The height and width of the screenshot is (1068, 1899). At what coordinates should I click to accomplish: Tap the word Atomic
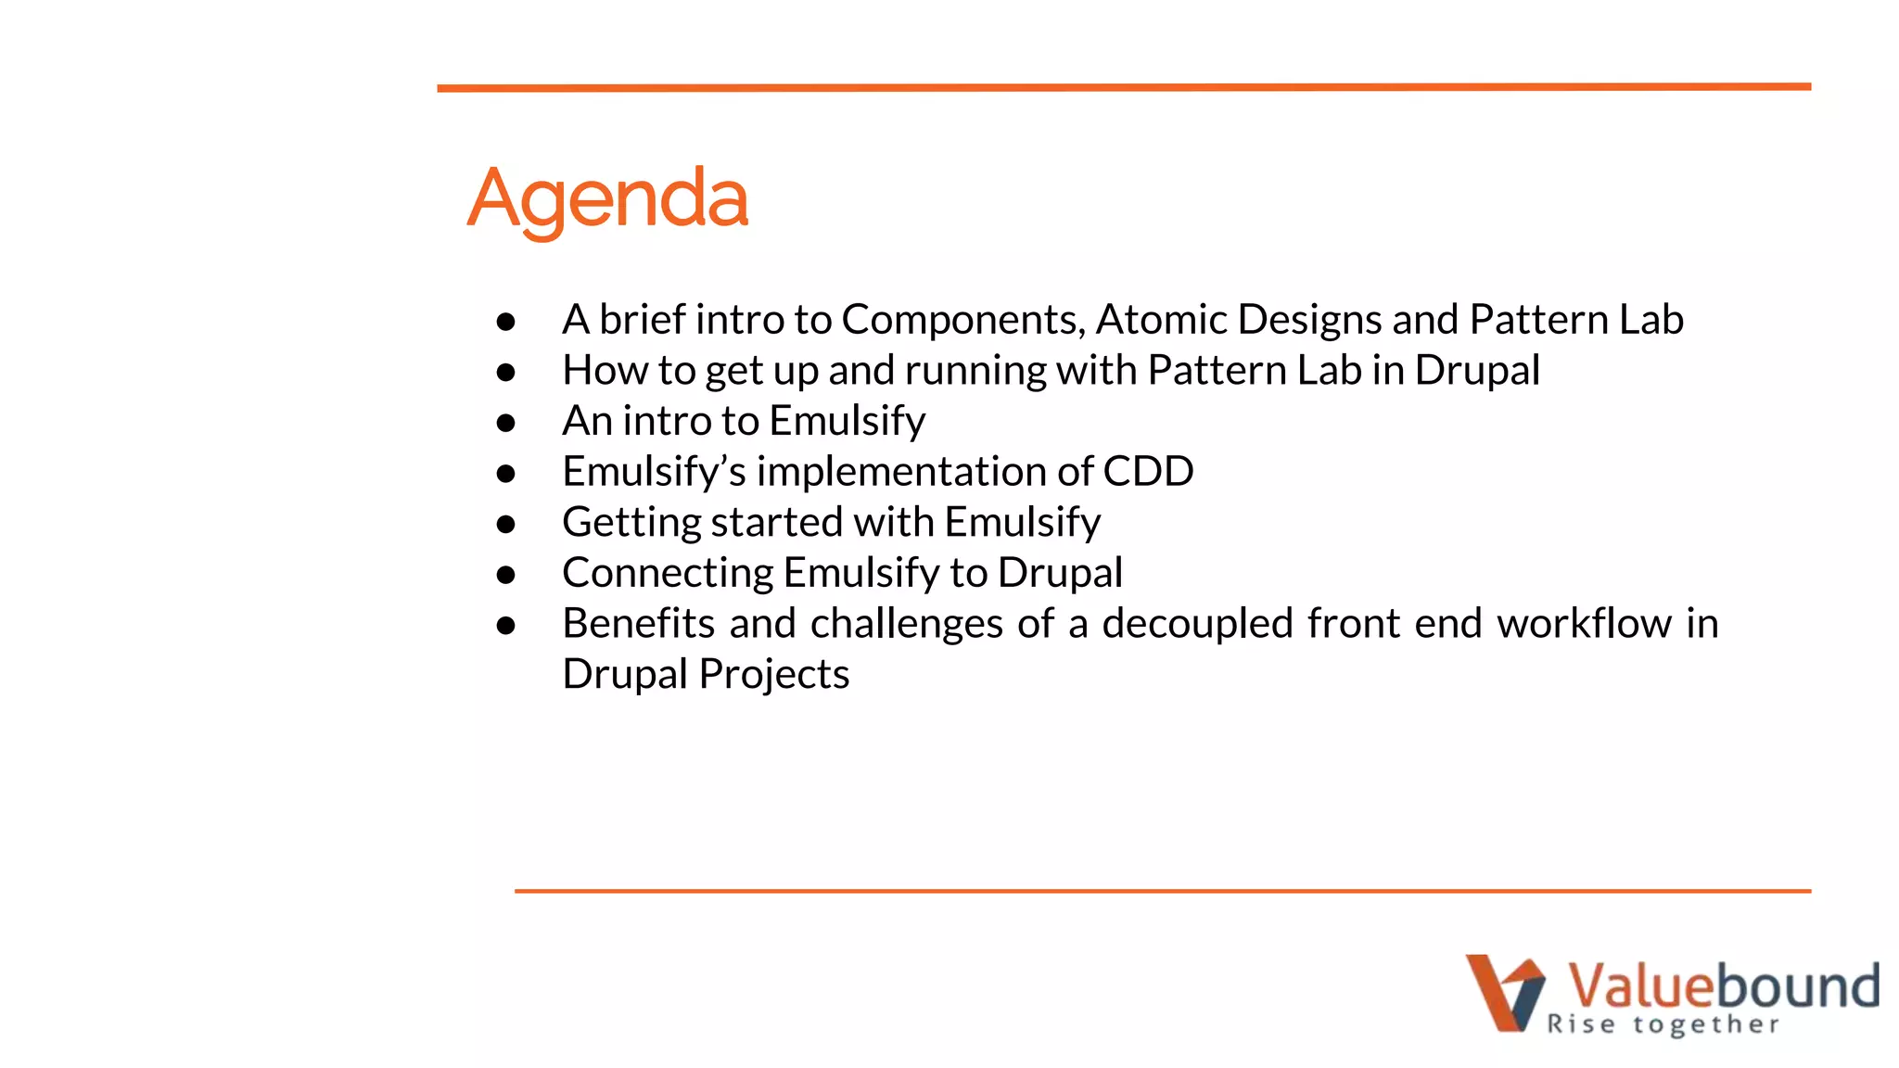(x=1161, y=320)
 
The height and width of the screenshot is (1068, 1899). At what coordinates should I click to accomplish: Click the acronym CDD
(x=1147, y=472)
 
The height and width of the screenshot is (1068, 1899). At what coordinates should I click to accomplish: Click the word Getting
(x=631, y=523)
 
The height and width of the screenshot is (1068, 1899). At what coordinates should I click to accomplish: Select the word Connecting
(x=667, y=573)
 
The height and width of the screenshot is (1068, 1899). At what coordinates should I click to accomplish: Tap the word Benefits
(x=638, y=623)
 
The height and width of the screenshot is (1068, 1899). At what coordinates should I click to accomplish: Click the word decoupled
(x=1196, y=623)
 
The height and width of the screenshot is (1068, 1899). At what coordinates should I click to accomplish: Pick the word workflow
(x=1584, y=623)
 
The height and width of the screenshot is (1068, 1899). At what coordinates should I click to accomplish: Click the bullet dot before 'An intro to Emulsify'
(x=505, y=424)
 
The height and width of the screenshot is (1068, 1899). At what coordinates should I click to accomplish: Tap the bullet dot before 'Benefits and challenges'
(x=505, y=626)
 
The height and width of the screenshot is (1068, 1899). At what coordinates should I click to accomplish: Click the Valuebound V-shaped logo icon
(x=1504, y=992)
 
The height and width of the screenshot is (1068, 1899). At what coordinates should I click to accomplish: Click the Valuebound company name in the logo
(x=1723, y=985)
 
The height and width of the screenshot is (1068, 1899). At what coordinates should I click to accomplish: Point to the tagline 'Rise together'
(x=1663, y=1024)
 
